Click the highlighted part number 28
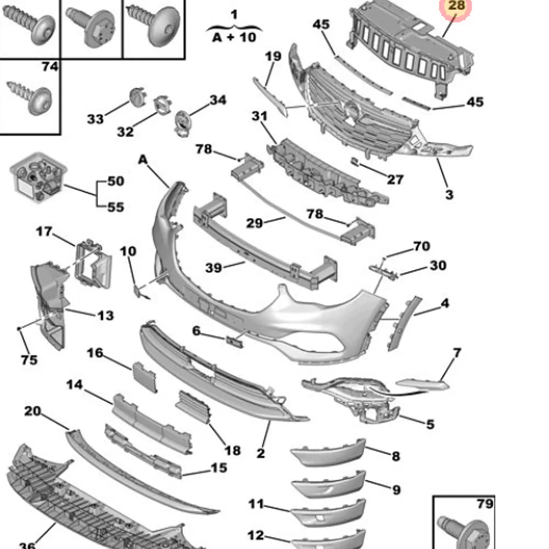pos(456,7)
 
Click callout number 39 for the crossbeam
pos(214,267)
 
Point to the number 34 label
pos(217,100)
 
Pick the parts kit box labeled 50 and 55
pos(37,178)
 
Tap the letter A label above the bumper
pos(143,159)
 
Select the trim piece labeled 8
pos(328,453)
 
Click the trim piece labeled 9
pos(328,484)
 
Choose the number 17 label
pos(44,232)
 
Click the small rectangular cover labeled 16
pos(144,377)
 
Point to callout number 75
pos(29,360)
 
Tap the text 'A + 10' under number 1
pos(234,37)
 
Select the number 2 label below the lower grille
pos(261,453)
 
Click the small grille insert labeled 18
pos(193,406)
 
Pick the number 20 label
pos(32,411)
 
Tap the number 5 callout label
pos(430,424)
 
